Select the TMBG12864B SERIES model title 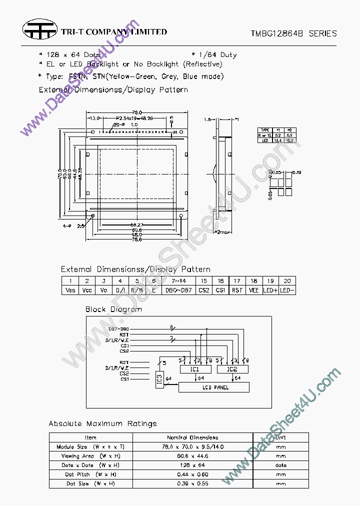coord(293,33)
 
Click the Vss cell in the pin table coord(70,290)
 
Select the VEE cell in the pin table coord(253,290)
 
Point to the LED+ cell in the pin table coord(270,290)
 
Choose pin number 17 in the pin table coord(237,281)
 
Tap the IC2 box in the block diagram coord(232,369)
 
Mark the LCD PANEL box coord(215,387)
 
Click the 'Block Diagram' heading coord(113,309)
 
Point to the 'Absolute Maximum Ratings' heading coord(102,424)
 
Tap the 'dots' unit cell coord(280,465)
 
